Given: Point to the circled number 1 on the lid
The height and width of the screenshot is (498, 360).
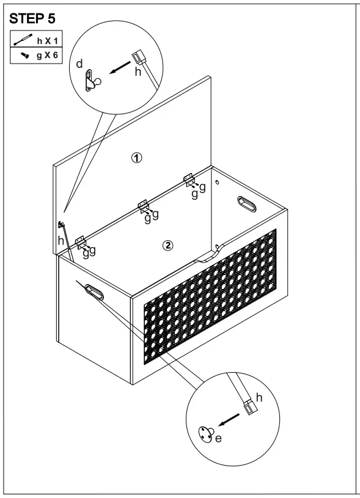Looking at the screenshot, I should tap(138, 158).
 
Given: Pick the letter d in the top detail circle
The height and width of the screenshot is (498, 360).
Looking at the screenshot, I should tap(79, 64).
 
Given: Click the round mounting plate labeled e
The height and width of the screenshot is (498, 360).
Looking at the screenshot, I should tap(205, 434).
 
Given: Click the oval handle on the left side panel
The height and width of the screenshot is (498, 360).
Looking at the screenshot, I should tap(94, 292).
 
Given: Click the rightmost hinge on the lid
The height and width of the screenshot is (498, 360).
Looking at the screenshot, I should tap(189, 179).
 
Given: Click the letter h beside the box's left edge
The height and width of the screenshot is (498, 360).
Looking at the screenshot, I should tap(60, 240).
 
